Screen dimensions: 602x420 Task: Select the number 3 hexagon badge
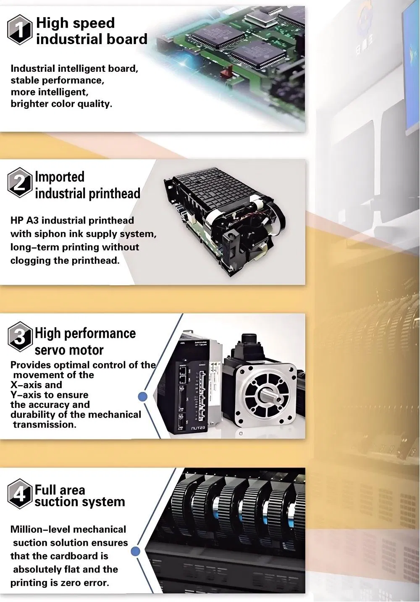click(20, 337)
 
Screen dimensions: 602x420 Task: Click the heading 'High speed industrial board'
click(92, 31)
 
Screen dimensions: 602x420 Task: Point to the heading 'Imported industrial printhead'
click(87, 185)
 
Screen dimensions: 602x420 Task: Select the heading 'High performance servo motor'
click(85, 341)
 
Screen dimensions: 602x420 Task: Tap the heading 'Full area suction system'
click(80, 496)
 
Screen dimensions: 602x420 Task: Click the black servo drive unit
click(193, 386)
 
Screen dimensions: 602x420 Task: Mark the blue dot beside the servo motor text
click(143, 396)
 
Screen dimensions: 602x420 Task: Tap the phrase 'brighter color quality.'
click(61, 104)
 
